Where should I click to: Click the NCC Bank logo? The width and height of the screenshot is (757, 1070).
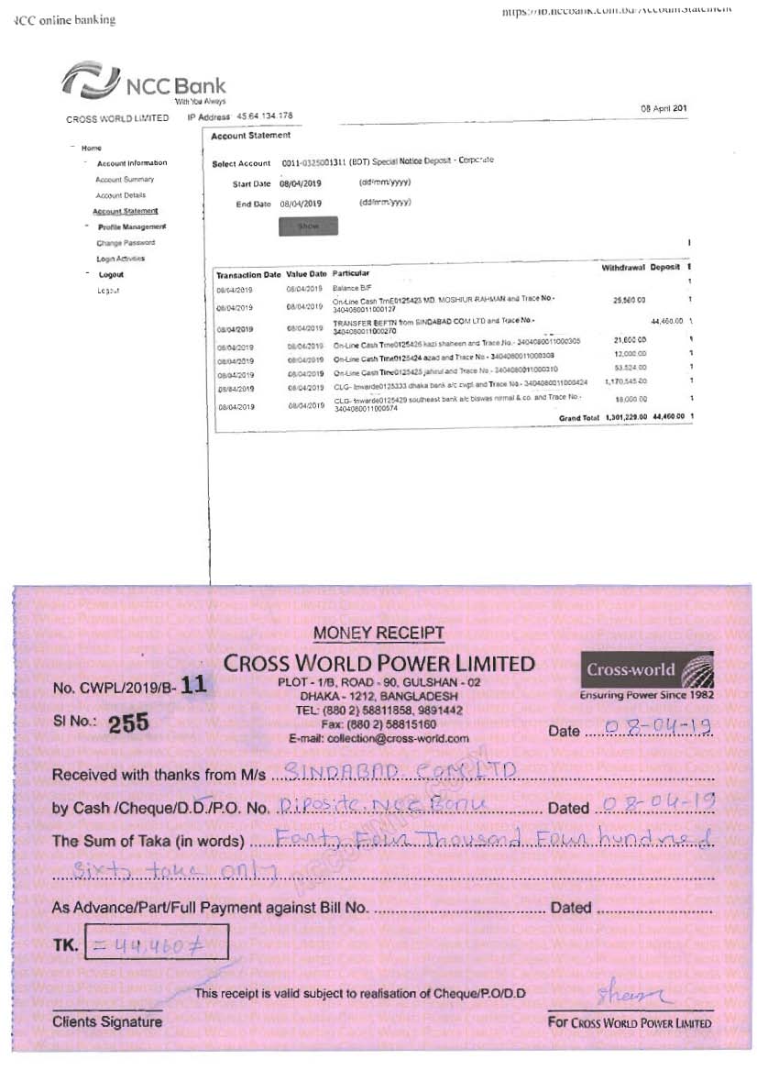143,81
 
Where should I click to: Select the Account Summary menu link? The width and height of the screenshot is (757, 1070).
125,180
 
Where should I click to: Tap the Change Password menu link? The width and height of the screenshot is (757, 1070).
126,243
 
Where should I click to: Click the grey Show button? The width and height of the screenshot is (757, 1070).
308,226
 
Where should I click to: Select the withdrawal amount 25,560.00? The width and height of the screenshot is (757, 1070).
629,300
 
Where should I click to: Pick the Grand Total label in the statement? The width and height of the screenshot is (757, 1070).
578,417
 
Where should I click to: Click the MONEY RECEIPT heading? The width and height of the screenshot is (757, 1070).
378,633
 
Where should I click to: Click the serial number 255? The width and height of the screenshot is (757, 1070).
128,724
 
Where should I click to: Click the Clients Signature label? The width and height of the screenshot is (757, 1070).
107,1021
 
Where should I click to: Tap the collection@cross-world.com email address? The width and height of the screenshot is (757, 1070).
378,738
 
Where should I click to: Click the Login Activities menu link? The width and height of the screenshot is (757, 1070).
120,259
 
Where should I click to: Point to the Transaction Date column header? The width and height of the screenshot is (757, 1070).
247,274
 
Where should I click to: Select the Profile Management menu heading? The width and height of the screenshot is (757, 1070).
132,226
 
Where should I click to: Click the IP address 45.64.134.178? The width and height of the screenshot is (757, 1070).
264,116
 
